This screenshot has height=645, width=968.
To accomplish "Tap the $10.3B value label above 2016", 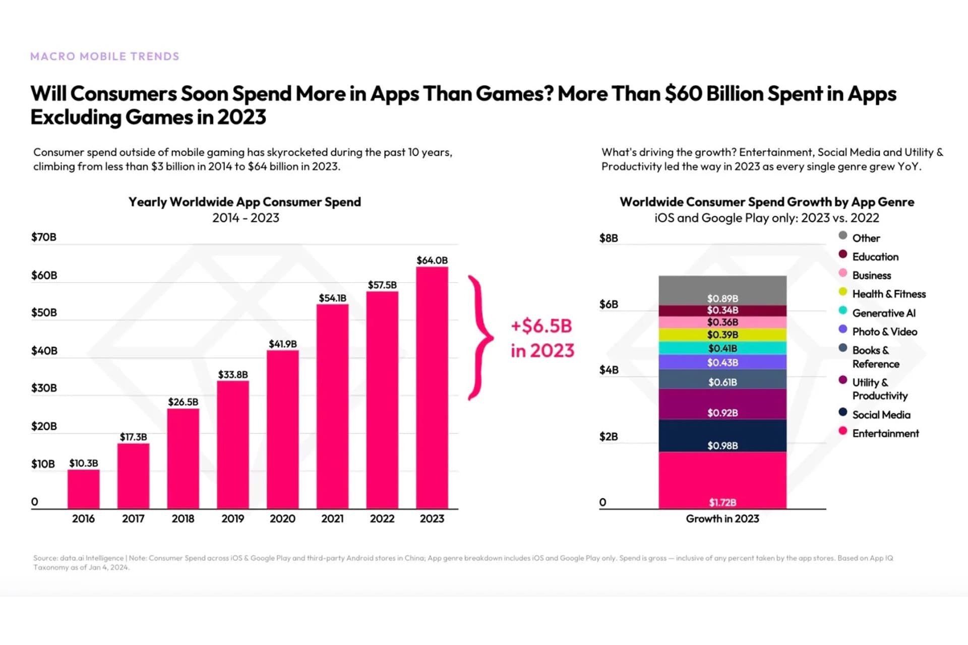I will [84, 463].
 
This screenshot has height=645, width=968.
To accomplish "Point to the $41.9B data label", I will [282, 344].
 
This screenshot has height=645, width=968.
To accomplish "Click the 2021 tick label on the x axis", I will [332, 519].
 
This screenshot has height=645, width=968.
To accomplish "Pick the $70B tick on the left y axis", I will [44, 237].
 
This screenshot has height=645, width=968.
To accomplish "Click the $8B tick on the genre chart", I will [609, 238].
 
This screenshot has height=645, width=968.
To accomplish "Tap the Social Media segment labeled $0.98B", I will [722, 435].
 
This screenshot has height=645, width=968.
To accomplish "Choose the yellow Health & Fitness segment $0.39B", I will [722, 335].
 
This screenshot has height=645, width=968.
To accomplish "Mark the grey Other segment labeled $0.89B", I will [722, 291].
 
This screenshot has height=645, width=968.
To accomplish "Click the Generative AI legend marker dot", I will [843, 311].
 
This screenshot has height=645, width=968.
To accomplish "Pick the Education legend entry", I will [875, 256].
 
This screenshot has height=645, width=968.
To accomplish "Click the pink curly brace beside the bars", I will [479, 338].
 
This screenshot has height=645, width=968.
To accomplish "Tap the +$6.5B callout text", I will [542, 326].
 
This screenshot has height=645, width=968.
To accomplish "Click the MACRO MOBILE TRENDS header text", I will [105, 56].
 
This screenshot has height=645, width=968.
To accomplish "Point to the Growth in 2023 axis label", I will [722, 519].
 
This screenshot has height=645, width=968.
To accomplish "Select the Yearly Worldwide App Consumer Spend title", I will [245, 202].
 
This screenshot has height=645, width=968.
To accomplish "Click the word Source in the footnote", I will [45, 558].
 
